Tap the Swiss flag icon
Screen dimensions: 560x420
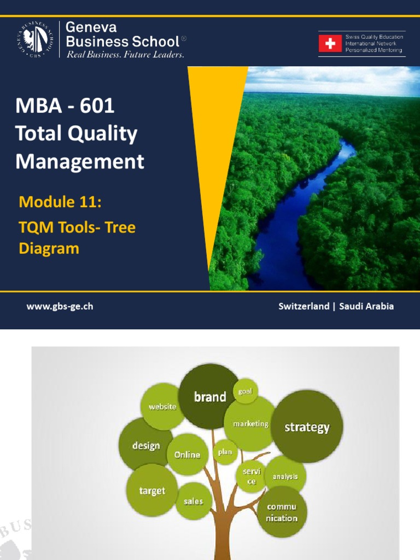tap(330, 43)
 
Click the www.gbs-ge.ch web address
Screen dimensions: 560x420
tap(60, 306)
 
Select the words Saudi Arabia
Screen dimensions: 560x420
tap(366, 306)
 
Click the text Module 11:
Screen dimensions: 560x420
tap(60, 202)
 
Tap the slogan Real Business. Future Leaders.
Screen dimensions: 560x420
tap(125, 55)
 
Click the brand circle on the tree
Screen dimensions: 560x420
tap(209, 396)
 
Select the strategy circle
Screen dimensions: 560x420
tap(307, 427)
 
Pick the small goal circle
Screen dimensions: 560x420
tap(245, 391)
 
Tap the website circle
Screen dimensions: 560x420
tap(162, 406)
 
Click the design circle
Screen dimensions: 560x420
tap(145, 445)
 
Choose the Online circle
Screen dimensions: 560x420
tap(187, 454)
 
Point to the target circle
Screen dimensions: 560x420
tap(151, 491)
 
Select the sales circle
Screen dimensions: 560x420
tap(193, 501)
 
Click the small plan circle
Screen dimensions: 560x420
tap(225, 452)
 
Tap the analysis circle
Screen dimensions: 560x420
tap(285, 476)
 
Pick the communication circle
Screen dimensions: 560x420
tap(282, 512)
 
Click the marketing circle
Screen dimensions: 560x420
tap(250, 423)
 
